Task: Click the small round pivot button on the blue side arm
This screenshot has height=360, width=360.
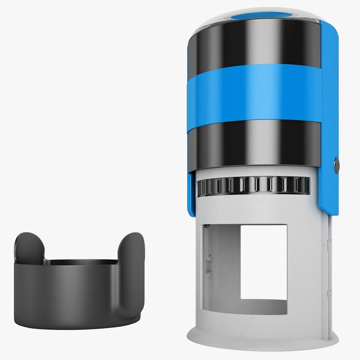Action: pyautogui.click(x=337, y=164)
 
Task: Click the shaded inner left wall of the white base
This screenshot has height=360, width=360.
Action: pyautogui.click(x=222, y=270)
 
